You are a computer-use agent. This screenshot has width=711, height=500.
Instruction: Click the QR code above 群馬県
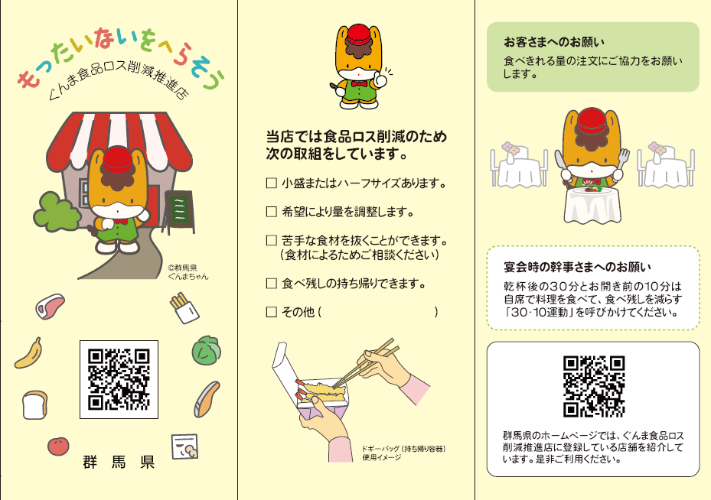[x=119, y=379]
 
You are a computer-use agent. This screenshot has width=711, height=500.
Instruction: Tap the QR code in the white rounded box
[x=594, y=386]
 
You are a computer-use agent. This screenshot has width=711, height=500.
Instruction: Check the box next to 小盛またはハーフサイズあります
[x=271, y=183]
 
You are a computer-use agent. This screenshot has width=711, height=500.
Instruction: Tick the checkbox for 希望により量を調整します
[x=271, y=212]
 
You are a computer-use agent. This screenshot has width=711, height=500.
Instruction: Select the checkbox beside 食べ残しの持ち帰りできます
[x=271, y=284]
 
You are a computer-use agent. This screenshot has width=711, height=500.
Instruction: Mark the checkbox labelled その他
[x=271, y=312]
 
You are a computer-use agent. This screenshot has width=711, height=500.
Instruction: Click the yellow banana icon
[x=29, y=353]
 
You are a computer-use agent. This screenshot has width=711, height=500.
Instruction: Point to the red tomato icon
[x=58, y=446]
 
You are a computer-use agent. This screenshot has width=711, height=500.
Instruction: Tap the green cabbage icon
[x=207, y=350]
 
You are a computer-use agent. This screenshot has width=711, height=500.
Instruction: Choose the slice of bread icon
[x=35, y=405]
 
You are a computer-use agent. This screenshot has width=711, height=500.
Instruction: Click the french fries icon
[x=184, y=308]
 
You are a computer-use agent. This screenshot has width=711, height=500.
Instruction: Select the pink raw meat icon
[x=51, y=307]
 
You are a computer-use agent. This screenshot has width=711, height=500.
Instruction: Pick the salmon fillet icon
[x=207, y=399]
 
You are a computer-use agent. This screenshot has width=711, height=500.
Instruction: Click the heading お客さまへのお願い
[x=554, y=42]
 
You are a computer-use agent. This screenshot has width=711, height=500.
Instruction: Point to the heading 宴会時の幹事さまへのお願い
[x=577, y=268]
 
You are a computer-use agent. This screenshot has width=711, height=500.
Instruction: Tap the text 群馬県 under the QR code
[x=119, y=462]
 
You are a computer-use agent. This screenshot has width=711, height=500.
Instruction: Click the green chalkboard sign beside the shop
[x=179, y=209]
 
